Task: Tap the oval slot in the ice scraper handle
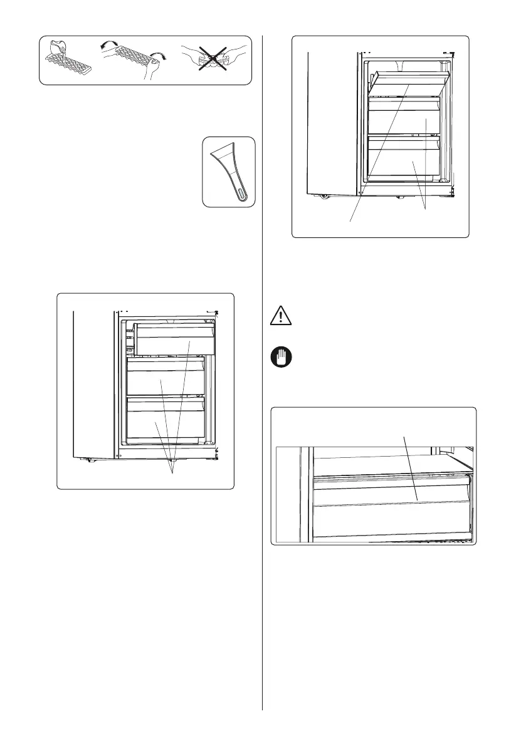pyautogui.click(x=242, y=192)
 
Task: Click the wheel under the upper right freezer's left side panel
pyautogui.click(x=325, y=196)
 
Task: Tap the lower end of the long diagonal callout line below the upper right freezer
pyautogui.click(x=350, y=220)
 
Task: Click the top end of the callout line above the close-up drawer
pyautogui.click(x=405, y=437)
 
